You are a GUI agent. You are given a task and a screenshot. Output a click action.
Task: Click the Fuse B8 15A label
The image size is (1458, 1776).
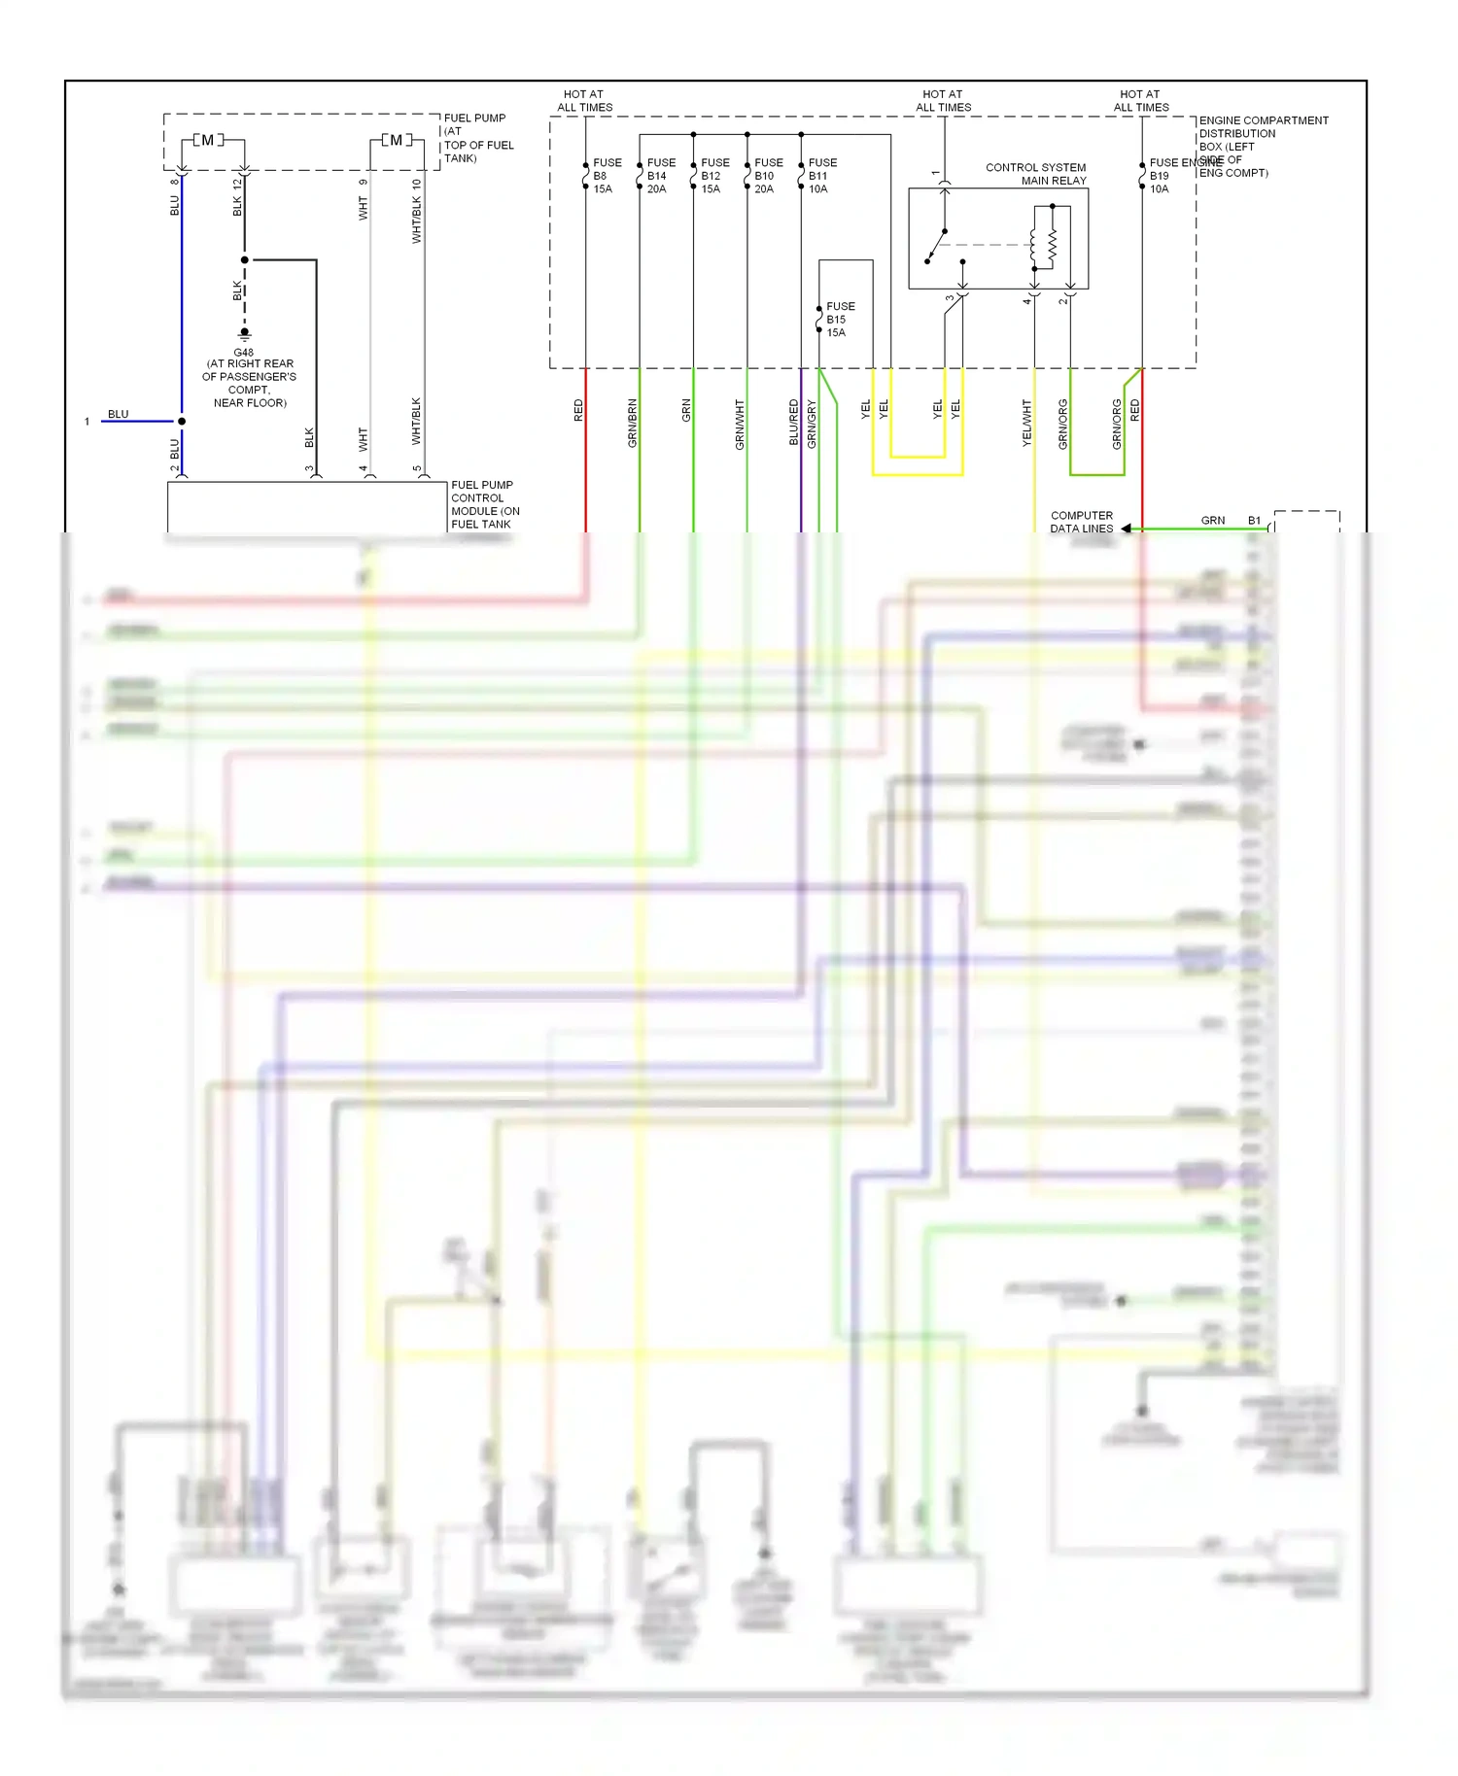pyautogui.click(x=607, y=176)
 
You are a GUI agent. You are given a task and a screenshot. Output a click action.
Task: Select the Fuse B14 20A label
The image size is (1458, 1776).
pyautogui.click(x=661, y=176)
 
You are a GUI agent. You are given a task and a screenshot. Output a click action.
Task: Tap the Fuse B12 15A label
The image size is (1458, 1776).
pyautogui.click(x=714, y=176)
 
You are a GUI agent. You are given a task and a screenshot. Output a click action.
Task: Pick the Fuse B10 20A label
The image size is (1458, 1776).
pyautogui.click(x=768, y=176)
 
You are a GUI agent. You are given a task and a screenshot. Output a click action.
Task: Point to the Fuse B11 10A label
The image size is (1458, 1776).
pyautogui.click(x=822, y=176)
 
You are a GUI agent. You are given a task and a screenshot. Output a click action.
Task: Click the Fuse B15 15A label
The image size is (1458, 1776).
pyautogui.click(x=840, y=320)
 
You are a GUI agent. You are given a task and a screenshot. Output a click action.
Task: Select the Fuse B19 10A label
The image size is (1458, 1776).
pyautogui.click(x=1163, y=176)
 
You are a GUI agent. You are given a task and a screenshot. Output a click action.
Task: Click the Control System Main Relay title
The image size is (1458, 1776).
pyautogui.click(x=1036, y=174)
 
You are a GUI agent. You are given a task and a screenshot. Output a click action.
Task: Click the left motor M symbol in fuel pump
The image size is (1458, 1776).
pyautogui.click(x=207, y=141)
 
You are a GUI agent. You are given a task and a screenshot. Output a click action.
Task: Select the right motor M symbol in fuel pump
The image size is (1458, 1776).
pyautogui.click(x=396, y=141)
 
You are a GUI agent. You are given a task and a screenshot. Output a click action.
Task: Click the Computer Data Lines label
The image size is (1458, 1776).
pyautogui.click(x=1081, y=523)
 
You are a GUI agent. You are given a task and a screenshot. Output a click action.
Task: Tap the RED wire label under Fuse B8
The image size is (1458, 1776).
pyautogui.click(x=578, y=410)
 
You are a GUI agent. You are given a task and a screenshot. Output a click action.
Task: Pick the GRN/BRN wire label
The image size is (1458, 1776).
pyautogui.click(x=632, y=423)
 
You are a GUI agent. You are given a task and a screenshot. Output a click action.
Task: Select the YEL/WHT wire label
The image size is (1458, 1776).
pyautogui.click(x=1026, y=423)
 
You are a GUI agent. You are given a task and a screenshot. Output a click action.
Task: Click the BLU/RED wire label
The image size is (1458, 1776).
pyautogui.click(x=793, y=423)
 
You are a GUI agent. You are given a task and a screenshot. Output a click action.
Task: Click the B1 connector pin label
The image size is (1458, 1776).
pyautogui.click(x=1254, y=521)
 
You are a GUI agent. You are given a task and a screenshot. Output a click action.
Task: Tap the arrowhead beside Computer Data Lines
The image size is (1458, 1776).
pyautogui.click(x=1127, y=529)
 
